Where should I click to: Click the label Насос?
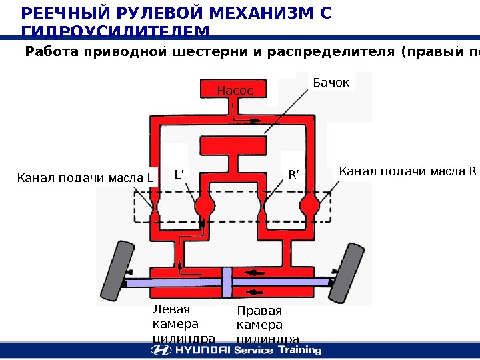235,90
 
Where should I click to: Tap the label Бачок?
331,83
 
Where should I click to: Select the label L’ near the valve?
178,175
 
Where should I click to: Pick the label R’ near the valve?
293,175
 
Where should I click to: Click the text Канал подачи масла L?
85,177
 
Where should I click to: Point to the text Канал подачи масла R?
408,172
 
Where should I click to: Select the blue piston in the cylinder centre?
227,284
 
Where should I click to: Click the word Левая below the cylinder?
171,309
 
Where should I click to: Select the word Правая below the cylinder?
259,311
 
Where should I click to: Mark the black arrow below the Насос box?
254,121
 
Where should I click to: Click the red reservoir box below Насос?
233,143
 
